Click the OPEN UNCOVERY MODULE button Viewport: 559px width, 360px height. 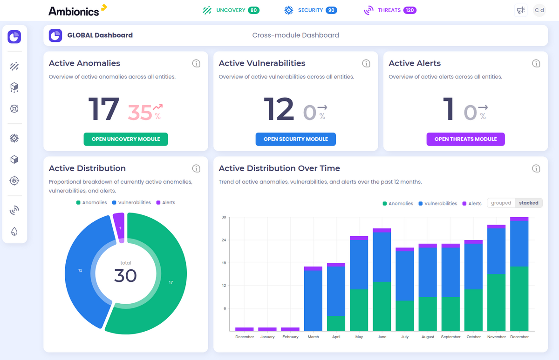[126, 139]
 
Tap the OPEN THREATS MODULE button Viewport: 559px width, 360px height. [465, 139]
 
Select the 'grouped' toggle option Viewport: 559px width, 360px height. [501, 203]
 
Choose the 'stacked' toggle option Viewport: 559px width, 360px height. [529, 203]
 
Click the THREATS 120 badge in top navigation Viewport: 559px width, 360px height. [410, 10]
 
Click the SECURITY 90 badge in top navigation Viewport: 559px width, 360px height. [331, 10]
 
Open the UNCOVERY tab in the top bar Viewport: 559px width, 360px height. [231, 10]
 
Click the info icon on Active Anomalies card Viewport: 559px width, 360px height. [196, 63]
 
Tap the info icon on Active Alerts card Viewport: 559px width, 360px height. [536, 63]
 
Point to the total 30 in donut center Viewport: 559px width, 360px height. [125, 275]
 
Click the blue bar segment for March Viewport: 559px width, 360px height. [313, 300]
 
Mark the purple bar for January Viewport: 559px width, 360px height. [267, 329]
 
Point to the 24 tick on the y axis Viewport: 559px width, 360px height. [223, 240]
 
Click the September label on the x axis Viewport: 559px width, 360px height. [450, 337]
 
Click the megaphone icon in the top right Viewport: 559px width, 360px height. [520, 10]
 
